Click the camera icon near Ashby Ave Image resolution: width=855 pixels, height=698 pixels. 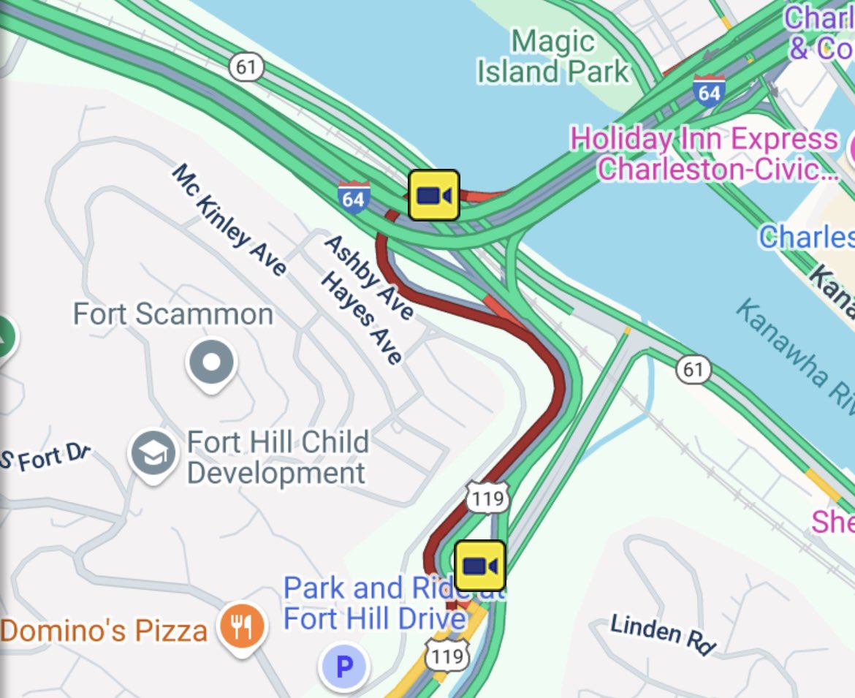tap(433, 195)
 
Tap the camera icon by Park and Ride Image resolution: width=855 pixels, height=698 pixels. tap(480, 566)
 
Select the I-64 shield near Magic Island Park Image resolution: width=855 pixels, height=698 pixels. tap(709, 91)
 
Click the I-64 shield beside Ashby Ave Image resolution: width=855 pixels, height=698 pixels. tap(353, 198)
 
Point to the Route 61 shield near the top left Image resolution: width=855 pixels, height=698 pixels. tap(246, 68)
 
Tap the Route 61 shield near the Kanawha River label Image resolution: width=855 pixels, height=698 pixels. tap(693, 370)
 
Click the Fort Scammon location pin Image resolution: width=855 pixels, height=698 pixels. tap(211, 363)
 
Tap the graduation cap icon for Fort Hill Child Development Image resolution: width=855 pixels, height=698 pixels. tap(153, 452)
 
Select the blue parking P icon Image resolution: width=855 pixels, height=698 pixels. tap(343, 666)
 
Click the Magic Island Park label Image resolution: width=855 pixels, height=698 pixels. tap(552, 56)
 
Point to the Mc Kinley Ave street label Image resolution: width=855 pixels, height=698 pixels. tap(229, 220)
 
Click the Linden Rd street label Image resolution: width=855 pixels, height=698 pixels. tap(664, 634)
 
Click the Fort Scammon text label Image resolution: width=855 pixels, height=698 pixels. tap(173, 314)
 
